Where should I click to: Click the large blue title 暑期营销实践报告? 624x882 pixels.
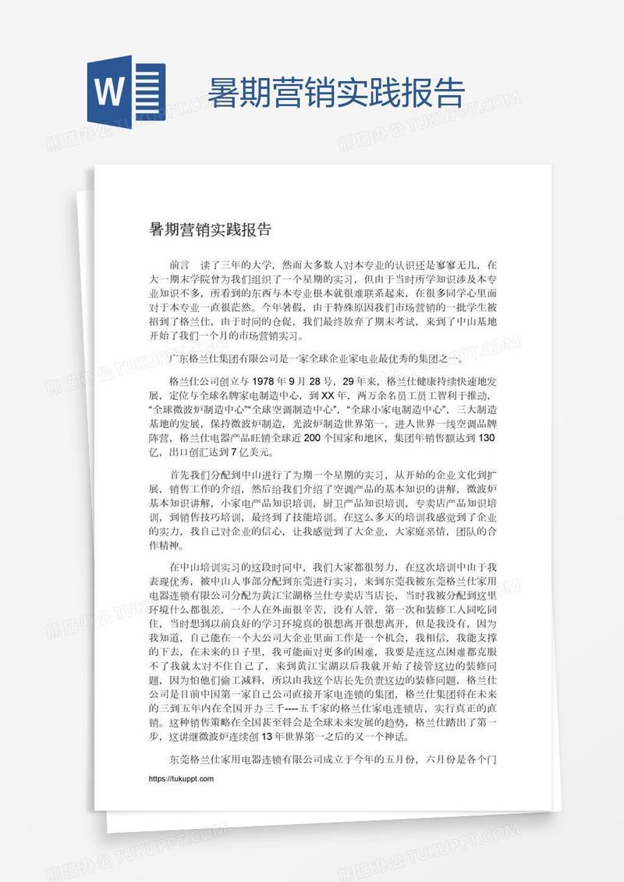pyautogui.click(x=335, y=93)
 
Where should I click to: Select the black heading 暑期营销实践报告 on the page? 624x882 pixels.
pyautogui.click(x=210, y=229)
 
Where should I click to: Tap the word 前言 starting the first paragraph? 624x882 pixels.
pyautogui.click(x=179, y=265)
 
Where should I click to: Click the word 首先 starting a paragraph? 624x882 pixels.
pyautogui.click(x=179, y=474)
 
